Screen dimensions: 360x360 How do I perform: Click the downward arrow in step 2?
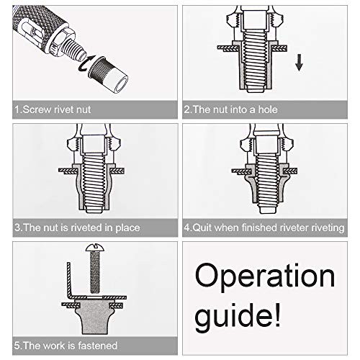[x=299, y=66]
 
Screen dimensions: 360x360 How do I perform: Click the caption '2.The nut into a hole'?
[x=230, y=110]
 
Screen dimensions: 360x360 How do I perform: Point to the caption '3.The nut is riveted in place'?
[x=77, y=228]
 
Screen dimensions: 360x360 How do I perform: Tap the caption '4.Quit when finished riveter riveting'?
[x=264, y=228]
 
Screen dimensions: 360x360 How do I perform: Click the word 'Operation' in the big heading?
[x=265, y=276]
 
